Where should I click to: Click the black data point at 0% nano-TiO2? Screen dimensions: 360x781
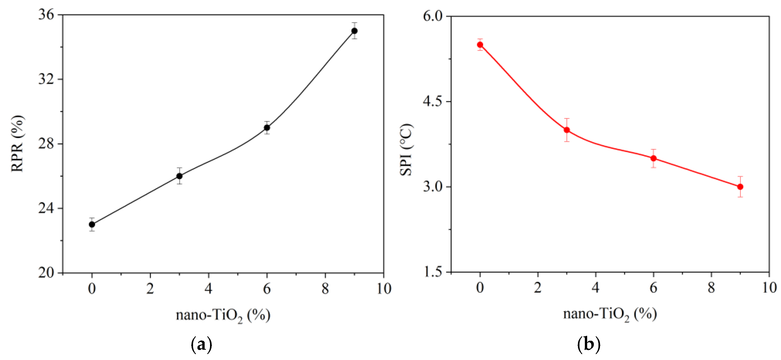[x=92, y=224]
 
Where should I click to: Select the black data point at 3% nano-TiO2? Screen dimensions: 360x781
[x=179, y=176]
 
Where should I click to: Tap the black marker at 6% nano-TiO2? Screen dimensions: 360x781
[x=267, y=128]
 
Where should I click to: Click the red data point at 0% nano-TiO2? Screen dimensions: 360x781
[x=480, y=44]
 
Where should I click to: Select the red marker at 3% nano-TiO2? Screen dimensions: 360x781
[x=567, y=130]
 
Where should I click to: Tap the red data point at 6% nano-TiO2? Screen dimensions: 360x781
[x=654, y=158]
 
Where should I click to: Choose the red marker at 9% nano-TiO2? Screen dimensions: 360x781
[x=740, y=186]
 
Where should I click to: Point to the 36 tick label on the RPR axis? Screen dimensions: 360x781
[x=46, y=14]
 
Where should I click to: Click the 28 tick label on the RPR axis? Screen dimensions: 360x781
[x=46, y=143]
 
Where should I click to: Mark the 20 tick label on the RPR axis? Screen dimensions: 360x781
[x=46, y=273]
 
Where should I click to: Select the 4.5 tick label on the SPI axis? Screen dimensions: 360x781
[x=433, y=101]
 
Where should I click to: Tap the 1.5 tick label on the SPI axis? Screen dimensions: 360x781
[x=433, y=272]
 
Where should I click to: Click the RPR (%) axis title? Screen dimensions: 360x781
[x=17, y=143]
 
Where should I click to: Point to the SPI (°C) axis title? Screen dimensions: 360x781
[x=406, y=149]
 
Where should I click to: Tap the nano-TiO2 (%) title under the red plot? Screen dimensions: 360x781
[x=610, y=314]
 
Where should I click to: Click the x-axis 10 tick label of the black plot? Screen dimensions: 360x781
[x=384, y=289]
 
